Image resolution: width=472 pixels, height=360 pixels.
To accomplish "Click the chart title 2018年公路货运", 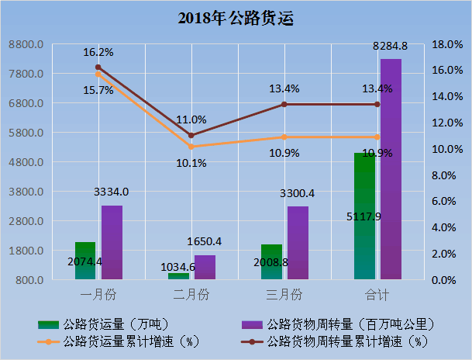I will pyautogui.click(x=236, y=16).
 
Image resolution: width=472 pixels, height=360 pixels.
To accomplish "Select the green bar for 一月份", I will pyautogui.click(x=85, y=261).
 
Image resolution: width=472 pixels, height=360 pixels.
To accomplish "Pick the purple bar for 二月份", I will pyautogui.click(x=205, y=267).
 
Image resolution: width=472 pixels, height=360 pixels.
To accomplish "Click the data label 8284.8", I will pyautogui.click(x=391, y=47).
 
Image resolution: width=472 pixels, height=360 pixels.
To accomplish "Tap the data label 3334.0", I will pyautogui.click(x=111, y=192).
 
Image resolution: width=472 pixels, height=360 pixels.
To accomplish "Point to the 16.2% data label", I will pyautogui.click(x=98, y=53).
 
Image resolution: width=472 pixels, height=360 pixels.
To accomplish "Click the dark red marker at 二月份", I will pyautogui.click(x=191, y=135).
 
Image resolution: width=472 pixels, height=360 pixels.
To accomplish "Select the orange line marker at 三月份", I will pyautogui.click(x=284, y=137).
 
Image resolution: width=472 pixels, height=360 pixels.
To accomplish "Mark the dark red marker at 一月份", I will pyautogui.click(x=98, y=67).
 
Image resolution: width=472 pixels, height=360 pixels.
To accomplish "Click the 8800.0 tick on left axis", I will pyautogui.click(x=26, y=44).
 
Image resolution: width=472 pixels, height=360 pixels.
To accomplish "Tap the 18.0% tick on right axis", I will pyautogui.click(x=447, y=44).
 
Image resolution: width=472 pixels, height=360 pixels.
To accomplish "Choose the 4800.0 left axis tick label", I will pyautogui.click(x=26, y=162).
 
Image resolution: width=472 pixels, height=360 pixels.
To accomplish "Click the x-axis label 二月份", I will pyautogui.click(x=191, y=295).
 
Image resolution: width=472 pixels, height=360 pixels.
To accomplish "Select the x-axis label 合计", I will pyautogui.click(x=377, y=295).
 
